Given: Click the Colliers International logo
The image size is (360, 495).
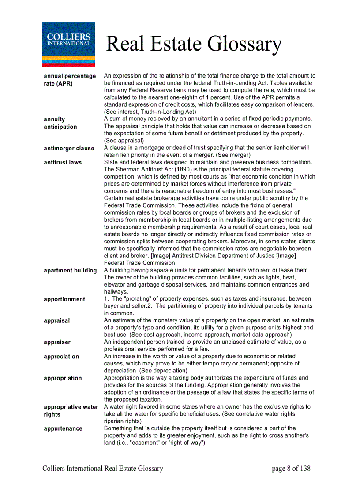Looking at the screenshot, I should [x=68, y=45].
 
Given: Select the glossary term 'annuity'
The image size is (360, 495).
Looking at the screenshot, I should [x=54, y=119].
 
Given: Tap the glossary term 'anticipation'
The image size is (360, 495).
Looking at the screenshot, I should [x=60, y=127].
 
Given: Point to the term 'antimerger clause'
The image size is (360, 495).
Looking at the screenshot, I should [x=69, y=148].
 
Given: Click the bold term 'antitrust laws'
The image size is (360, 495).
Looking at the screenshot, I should [x=63, y=162].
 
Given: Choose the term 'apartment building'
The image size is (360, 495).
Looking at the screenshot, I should [x=70, y=270].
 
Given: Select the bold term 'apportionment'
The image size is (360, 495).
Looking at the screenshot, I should [x=64, y=299].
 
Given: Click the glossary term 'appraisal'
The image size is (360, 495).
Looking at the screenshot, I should [x=56, y=320].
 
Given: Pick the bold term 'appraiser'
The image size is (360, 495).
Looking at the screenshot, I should [x=57, y=342].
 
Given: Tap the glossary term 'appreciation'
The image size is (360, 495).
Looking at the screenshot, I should [x=61, y=357].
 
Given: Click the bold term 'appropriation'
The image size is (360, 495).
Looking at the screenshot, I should [x=63, y=378].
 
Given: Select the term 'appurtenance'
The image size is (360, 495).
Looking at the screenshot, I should [x=63, y=428].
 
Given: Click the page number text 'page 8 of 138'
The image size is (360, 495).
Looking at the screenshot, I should [x=291, y=469].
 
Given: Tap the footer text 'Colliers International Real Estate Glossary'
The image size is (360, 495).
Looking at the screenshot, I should [x=103, y=469].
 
